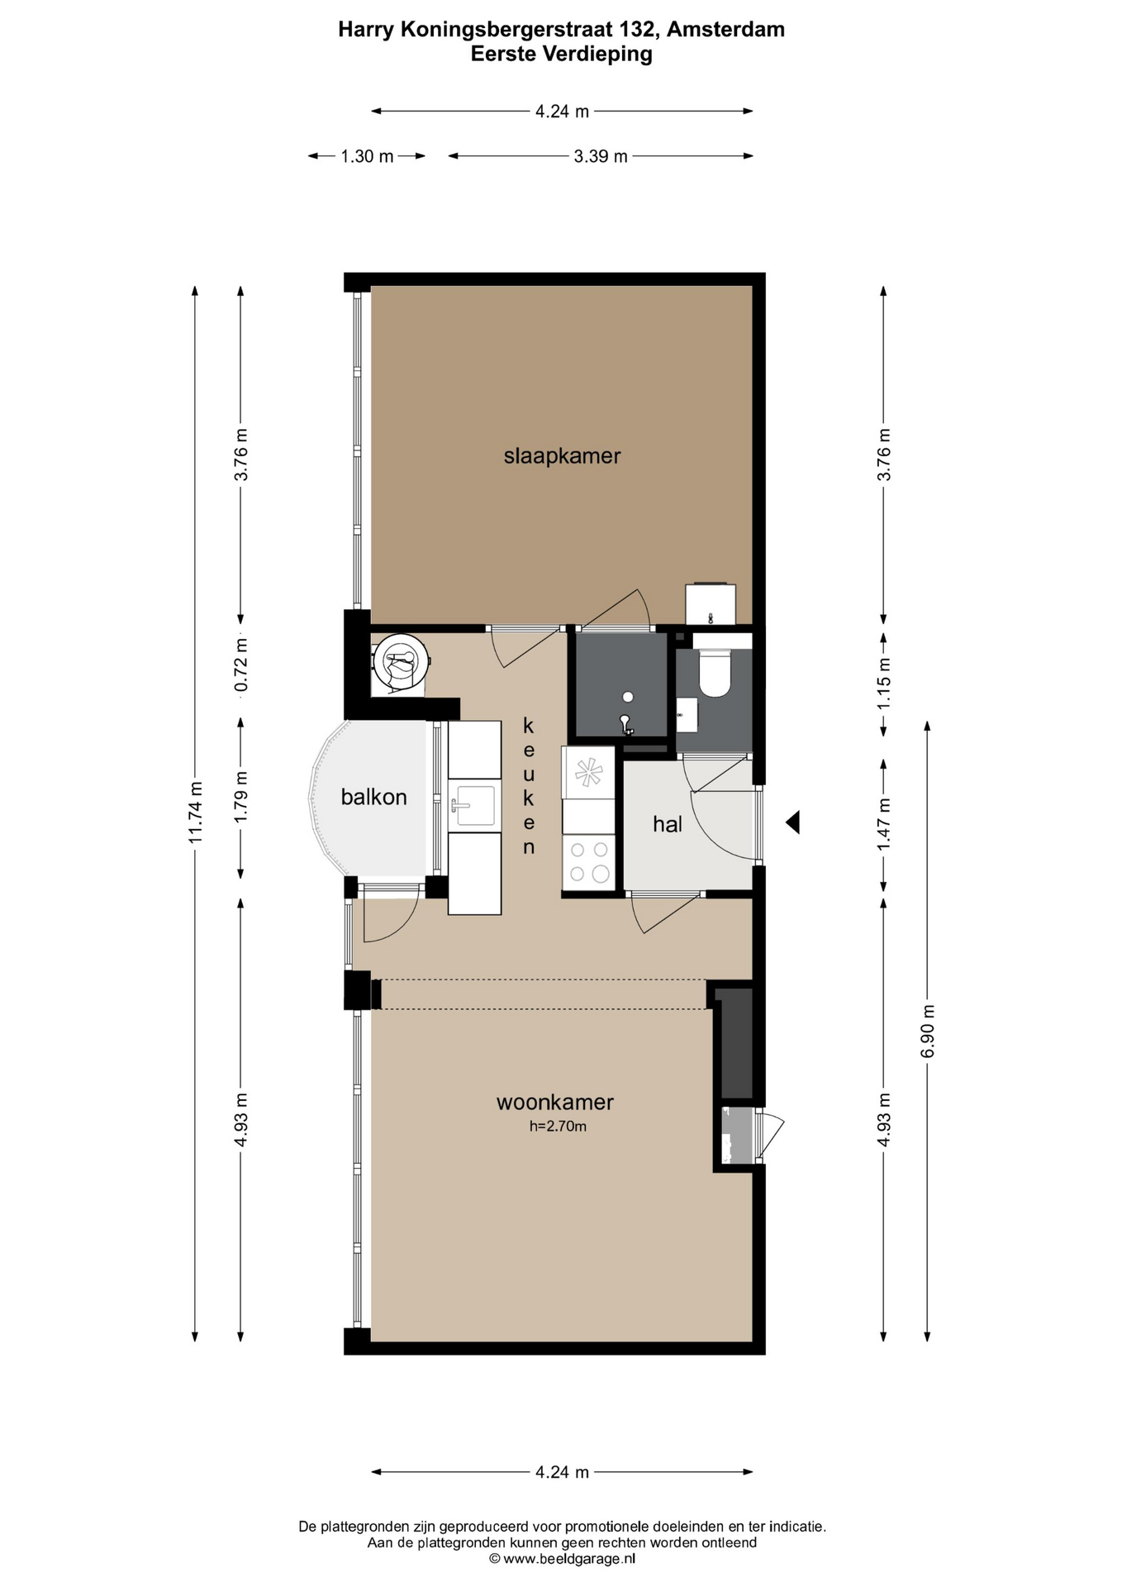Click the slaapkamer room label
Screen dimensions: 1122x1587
pyautogui.click(x=562, y=455)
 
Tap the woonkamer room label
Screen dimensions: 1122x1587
pyautogui.click(x=554, y=1102)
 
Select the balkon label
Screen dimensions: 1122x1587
pyautogui.click(x=373, y=797)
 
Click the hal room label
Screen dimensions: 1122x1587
pyautogui.click(x=668, y=823)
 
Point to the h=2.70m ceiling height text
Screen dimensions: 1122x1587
pyautogui.click(x=558, y=1126)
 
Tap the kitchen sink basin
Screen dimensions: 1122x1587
pyautogui.click(x=473, y=806)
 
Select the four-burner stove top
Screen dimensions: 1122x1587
pyautogui.click(x=588, y=861)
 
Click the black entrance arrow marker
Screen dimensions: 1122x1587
pyautogui.click(x=792, y=822)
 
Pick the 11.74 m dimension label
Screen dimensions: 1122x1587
pyautogui.click(x=195, y=812)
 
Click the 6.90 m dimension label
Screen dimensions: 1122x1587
pyautogui.click(x=927, y=1031)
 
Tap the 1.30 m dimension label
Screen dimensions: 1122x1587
pyautogui.click(x=367, y=156)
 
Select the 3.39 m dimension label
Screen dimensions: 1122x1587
pyautogui.click(x=601, y=156)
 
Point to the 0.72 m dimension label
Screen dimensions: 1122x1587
pyautogui.click(x=240, y=665)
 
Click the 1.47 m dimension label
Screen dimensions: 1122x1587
pyautogui.click(x=883, y=824)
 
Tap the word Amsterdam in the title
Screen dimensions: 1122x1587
pyautogui.click(x=725, y=30)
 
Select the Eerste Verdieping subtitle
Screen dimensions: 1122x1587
pyautogui.click(x=562, y=54)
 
